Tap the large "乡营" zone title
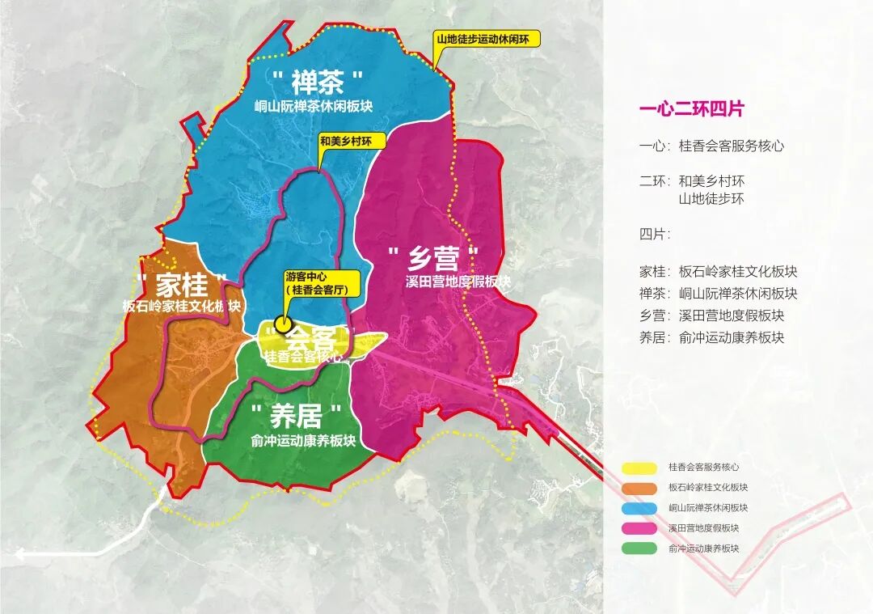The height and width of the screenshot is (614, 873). pyautogui.click(x=433, y=258)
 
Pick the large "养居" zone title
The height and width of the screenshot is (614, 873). pyautogui.click(x=297, y=416)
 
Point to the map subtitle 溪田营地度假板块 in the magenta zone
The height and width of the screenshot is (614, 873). pyautogui.click(x=458, y=282)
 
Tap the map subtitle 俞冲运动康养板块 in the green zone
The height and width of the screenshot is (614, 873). pyautogui.click(x=303, y=440)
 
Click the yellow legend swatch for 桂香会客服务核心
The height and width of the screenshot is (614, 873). pyautogui.click(x=640, y=468)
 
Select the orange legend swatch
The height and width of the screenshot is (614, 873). pyautogui.click(x=640, y=488)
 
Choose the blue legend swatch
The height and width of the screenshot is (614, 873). pyautogui.click(x=640, y=508)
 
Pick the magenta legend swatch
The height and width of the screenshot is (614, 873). pyautogui.click(x=640, y=528)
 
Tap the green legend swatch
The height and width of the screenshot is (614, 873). pyautogui.click(x=640, y=548)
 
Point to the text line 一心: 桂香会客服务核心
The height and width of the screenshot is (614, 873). pyautogui.click(x=711, y=146)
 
